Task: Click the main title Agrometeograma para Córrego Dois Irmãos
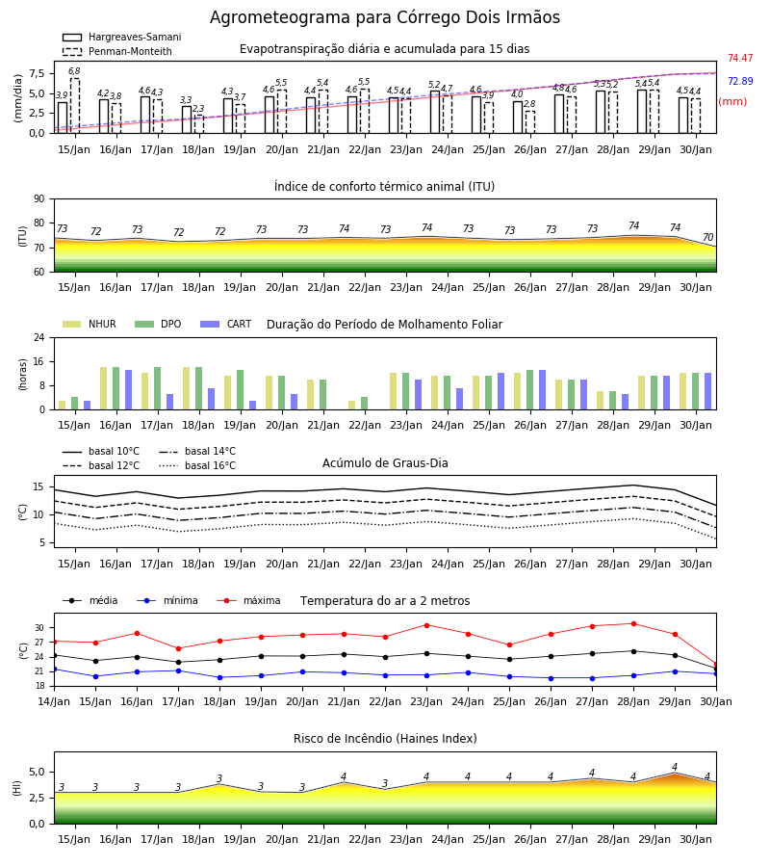pos(385,17)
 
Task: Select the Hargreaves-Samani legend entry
pos(122,37)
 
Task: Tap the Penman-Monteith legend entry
pos(117,51)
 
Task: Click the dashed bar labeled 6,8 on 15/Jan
pos(74,106)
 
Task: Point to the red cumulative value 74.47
pos(740,58)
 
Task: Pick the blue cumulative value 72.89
pos(740,81)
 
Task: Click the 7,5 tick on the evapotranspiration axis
pos(37,73)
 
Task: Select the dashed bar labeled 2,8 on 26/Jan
pos(529,122)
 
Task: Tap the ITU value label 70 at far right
pos(707,237)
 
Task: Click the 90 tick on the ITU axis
pos(39,199)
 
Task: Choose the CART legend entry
pos(226,324)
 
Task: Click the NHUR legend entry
pos(90,324)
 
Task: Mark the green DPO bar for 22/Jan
pos(365,403)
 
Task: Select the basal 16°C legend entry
pos(197,465)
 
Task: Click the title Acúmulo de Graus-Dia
pos(385,462)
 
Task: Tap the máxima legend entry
pos(248,600)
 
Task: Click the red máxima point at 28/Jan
pos(633,623)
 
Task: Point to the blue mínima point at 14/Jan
pos(54,670)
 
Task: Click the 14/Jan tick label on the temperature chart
pos(54,701)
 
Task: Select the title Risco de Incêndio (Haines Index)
pos(385,739)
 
